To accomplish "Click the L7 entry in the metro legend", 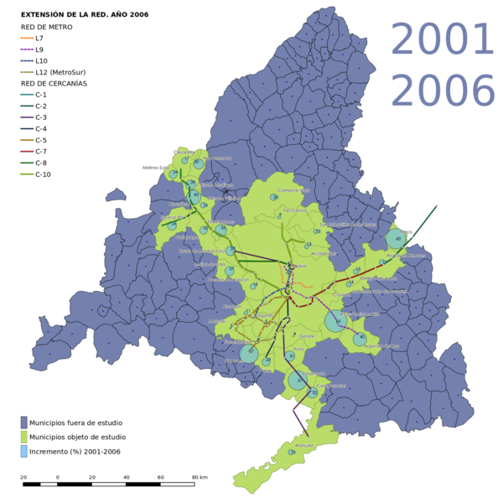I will [x=39, y=39].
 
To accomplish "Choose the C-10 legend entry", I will [x=43, y=174].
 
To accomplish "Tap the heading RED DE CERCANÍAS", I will [x=54, y=84].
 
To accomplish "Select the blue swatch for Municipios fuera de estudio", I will [x=24, y=423].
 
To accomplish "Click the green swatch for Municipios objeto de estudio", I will [x=24, y=437].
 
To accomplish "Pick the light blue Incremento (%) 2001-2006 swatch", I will [x=24, y=451].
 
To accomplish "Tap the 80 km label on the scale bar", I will [x=200, y=477].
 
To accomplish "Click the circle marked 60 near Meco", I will [x=397, y=240].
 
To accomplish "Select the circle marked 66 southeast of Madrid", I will [x=336, y=320].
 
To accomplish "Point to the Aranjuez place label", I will [x=303, y=445].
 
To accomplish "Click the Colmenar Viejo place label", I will [x=294, y=190].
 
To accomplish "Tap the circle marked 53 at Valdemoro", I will [x=298, y=381].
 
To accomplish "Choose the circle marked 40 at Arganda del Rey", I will [x=360, y=339].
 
